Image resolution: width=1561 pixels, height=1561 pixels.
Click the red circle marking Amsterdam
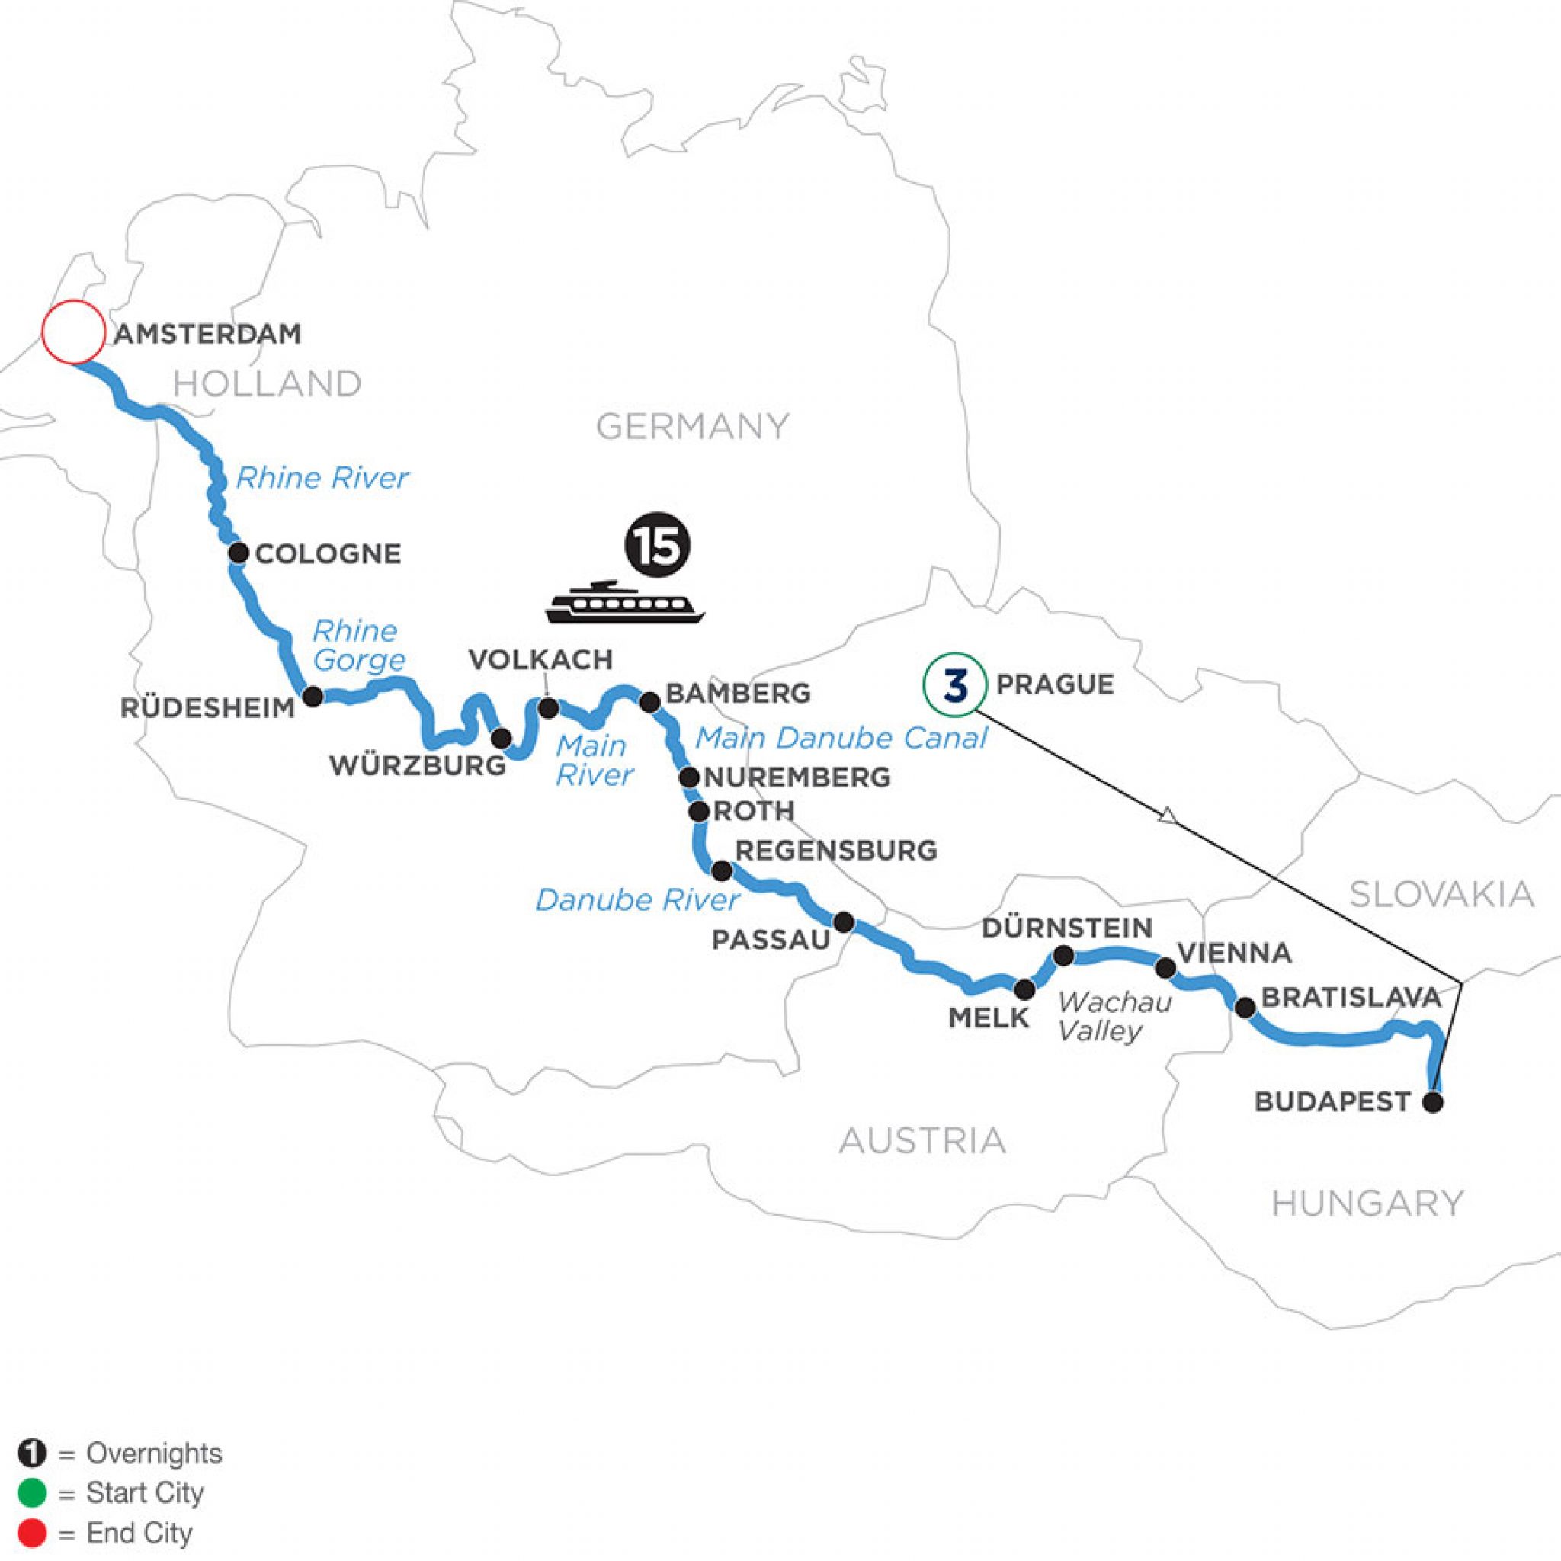[x=72, y=332]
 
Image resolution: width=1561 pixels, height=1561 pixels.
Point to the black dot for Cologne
[x=239, y=553]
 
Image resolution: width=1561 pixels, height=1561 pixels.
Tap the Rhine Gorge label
[x=358, y=645]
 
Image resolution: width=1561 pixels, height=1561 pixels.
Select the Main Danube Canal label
[x=841, y=738]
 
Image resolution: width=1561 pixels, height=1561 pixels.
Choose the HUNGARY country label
[x=1367, y=1203]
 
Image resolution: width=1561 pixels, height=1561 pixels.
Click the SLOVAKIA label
[x=1441, y=894]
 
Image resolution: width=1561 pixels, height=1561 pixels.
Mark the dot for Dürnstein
[x=1064, y=956]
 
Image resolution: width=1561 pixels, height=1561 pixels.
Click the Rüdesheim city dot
[x=312, y=697]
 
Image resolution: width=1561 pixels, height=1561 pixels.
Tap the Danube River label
[x=637, y=900]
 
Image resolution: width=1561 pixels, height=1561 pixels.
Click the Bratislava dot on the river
[x=1245, y=1008]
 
